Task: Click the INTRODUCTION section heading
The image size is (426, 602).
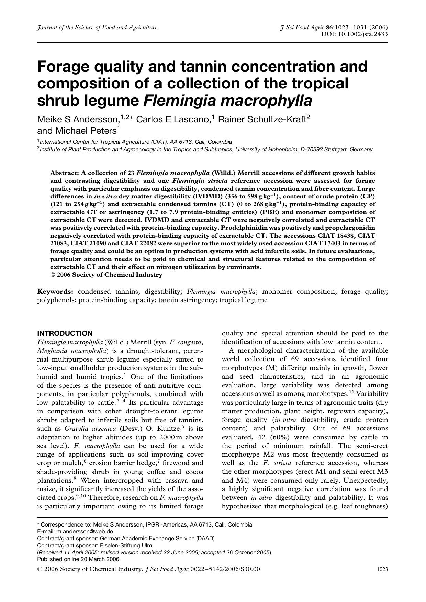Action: [x=65, y=333]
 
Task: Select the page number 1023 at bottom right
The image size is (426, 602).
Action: [x=382, y=569]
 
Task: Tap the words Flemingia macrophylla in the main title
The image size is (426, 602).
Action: [x=227, y=101]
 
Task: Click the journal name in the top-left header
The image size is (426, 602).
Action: [x=97, y=27]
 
